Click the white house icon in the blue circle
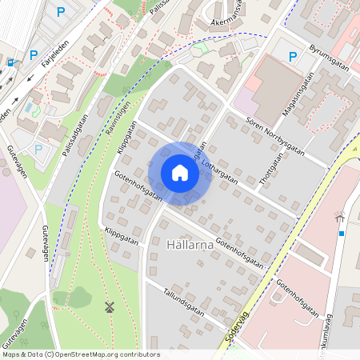(x=180, y=173)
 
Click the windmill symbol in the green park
(x=110, y=307)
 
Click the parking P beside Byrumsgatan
(x=293, y=57)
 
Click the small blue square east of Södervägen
(x=342, y=234)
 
